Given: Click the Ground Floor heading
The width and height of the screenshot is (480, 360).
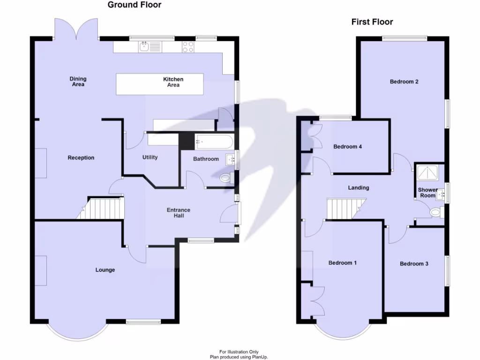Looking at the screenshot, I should pos(135,5).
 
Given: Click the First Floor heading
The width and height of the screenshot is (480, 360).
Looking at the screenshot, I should pos(372,22).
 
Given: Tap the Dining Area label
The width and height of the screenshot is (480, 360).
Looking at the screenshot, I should pos(78,82).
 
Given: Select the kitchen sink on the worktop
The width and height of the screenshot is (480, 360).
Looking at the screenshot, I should pos(144,46).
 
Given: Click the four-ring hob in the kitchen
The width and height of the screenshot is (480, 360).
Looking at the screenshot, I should pos(188,46).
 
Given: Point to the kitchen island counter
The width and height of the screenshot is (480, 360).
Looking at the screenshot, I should pos(160,84).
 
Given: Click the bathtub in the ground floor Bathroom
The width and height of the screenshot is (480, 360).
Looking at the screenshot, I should pos(214,141).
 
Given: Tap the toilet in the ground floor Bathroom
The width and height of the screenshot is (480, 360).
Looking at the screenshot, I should pos(226,178).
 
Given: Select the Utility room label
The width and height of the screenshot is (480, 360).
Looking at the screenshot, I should pos(150,157).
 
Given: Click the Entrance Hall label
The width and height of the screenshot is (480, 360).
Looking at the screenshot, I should pos(179,213).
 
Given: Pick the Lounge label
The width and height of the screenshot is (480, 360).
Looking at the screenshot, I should pos(105,270).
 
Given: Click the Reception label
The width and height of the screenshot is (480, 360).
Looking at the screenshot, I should pos(81,158).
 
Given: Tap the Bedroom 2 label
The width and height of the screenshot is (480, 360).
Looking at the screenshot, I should pos(404,82).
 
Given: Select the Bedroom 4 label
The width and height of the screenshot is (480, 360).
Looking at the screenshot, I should pos(347,147).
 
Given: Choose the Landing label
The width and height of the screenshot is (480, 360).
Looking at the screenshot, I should pos(358,188).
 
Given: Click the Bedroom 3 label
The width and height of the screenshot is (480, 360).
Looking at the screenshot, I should pos(414,264).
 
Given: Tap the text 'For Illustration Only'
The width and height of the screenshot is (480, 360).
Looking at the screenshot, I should pos(239,352).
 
